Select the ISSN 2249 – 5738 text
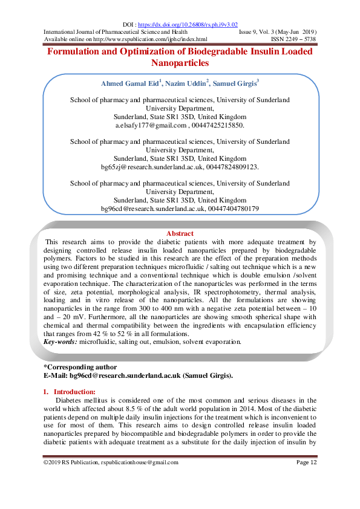(293, 39)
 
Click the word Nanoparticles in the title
(180, 62)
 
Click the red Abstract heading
(180, 233)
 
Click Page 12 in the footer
(306, 462)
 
